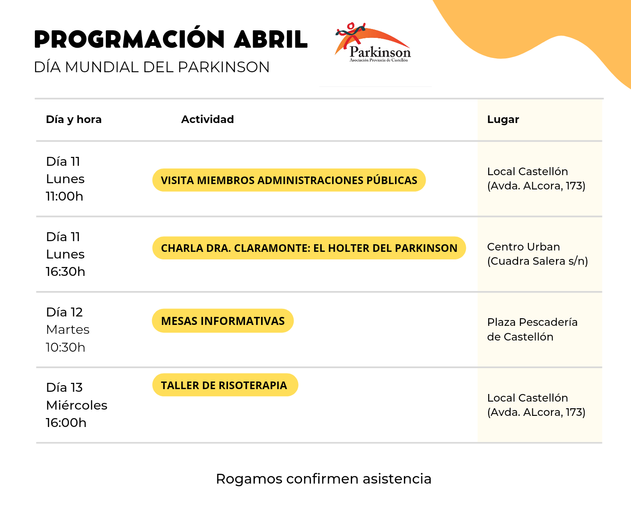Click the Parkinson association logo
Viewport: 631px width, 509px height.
coord(373,42)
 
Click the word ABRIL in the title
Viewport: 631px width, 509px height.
coord(271,39)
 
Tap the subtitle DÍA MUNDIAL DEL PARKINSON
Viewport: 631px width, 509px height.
coord(152,67)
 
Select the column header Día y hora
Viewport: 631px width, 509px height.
coord(74,119)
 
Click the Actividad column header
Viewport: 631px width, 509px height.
coord(208,119)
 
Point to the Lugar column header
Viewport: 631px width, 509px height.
coord(503,119)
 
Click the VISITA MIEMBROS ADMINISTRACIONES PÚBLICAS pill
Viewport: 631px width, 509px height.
coord(289,180)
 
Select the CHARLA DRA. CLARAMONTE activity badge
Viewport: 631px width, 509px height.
coord(309,248)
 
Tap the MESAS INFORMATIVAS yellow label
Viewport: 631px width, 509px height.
coord(223,321)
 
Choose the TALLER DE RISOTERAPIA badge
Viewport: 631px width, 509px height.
coord(225,385)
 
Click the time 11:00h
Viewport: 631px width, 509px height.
coord(64,197)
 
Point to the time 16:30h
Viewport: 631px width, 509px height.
coord(66,272)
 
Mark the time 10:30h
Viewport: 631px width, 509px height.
coord(66,347)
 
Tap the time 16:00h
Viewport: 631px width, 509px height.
coord(66,423)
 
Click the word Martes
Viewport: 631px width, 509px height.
coord(67,330)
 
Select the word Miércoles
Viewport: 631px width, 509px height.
coord(76,405)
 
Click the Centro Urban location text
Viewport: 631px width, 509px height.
coord(537,254)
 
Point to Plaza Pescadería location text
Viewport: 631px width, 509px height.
coord(532,329)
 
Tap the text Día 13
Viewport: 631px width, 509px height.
coord(64,388)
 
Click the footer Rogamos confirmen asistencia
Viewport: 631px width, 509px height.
coord(324,479)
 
